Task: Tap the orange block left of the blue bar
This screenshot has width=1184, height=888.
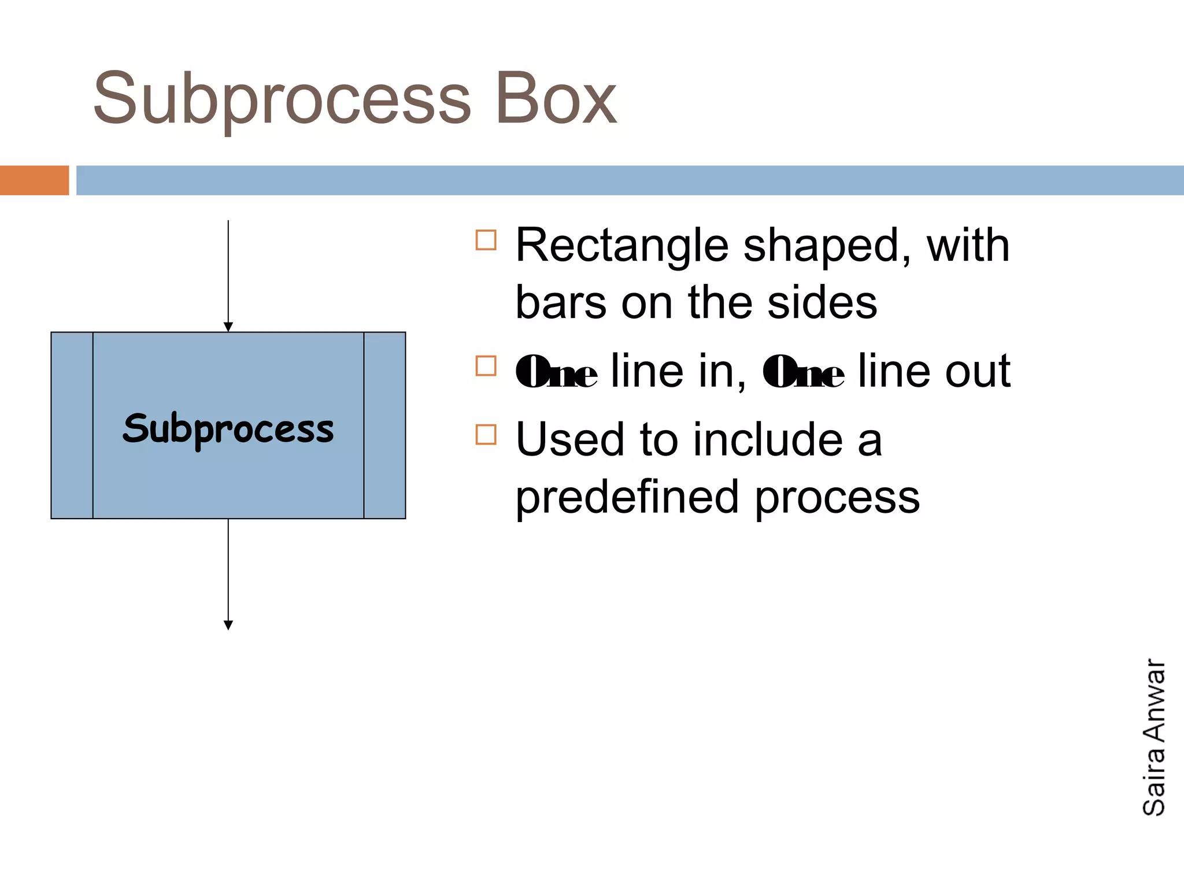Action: click(x=34, y=180)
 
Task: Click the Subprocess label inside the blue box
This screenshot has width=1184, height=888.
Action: click(x=228, y=430)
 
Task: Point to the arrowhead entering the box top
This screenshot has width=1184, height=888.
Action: click(x=228, y=327)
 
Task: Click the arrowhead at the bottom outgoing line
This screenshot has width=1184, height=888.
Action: click(x=228, y=625)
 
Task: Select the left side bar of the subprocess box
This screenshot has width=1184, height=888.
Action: click(x=72, y=425)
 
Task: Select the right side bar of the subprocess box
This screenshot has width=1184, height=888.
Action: click(x=384, y=425)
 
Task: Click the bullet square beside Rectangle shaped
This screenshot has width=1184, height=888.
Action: click(x=486, y=240)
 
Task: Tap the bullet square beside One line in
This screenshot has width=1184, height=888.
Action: click(x=486, y=366)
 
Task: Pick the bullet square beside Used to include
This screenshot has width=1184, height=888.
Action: click(x=486, y=435)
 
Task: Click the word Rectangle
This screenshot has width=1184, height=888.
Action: click(x=621, y=246)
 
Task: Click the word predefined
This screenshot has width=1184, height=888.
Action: click(x=627, y=497)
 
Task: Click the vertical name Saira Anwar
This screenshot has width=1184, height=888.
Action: click(x=1154, y=737)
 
